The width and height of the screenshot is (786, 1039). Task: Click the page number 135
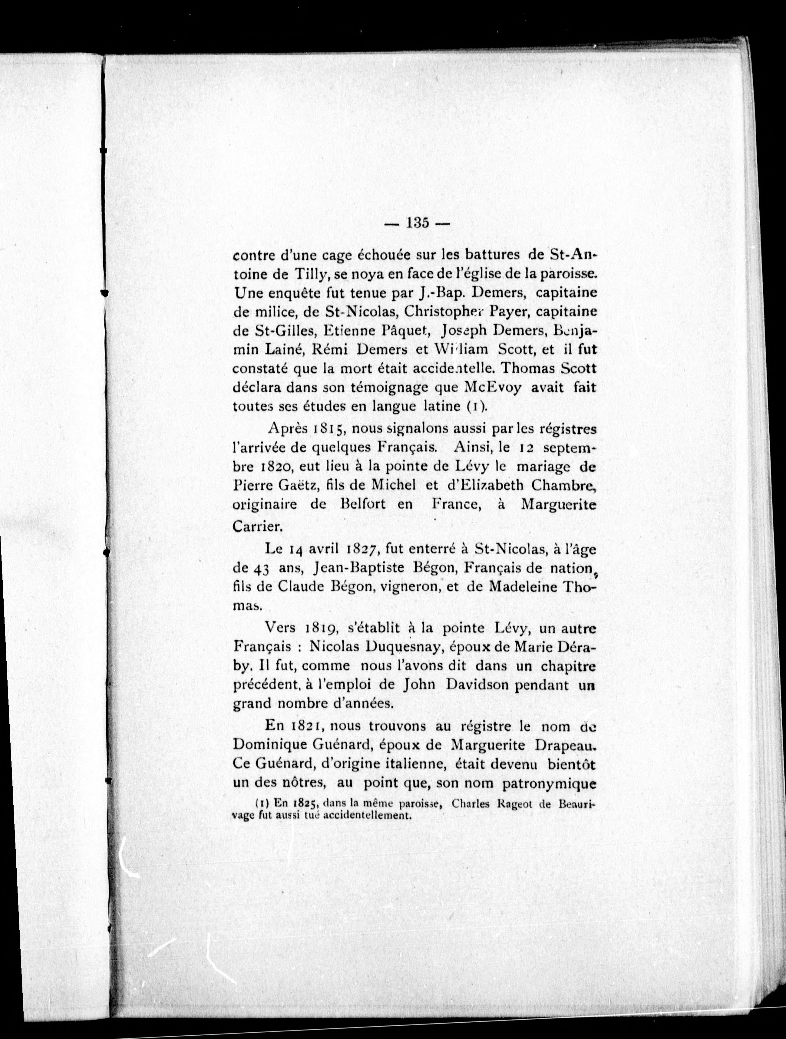[x=417, y=223]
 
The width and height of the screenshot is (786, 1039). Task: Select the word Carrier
[x=257, y=526]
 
